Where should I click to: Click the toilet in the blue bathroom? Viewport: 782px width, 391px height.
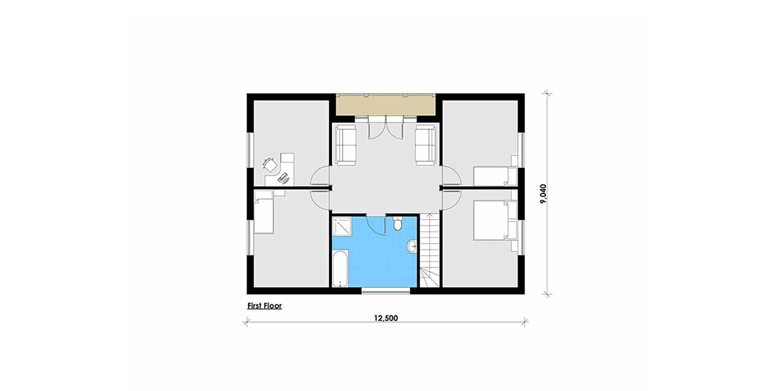coord(397,224)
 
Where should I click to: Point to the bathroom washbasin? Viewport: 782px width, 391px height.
coord(412,246)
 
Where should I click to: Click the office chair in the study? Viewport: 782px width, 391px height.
coord(270,164)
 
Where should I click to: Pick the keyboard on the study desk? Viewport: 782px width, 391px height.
coord(283,176)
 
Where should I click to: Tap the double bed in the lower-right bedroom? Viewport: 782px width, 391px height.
coord(494,220)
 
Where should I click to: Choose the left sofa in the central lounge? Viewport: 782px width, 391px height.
coord(346,145)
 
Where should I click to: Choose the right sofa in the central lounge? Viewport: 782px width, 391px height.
coord(427,145)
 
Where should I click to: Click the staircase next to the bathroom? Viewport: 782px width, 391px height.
coord(429,250)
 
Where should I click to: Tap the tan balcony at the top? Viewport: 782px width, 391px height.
coord(385,105)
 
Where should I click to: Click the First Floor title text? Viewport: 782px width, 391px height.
coord(264,306)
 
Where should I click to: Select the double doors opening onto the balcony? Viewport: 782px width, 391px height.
coord(386,127)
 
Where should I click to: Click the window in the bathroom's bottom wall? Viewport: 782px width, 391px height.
coord(387,291)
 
